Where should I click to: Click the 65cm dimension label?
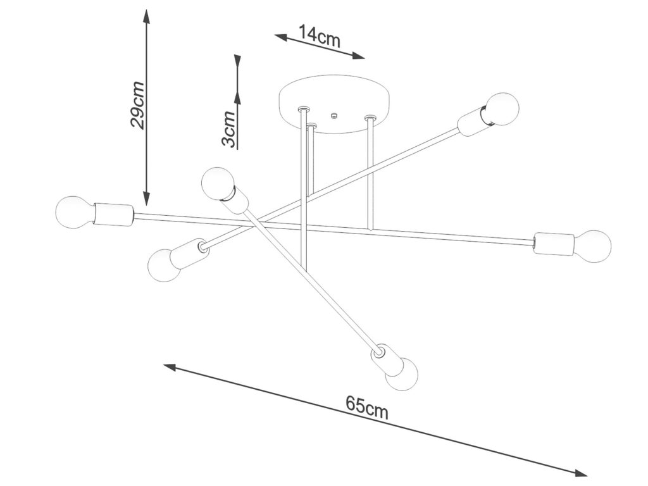pyautogui.click(x=367, y=407)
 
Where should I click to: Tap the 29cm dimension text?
pyautogui.click(x=139, y=105)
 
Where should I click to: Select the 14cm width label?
pyautogui.click(x=320, y=36)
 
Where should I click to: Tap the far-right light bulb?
pyautogui.click(x=593, y=245)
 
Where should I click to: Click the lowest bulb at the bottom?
pyautogui.click(x=402, y=375)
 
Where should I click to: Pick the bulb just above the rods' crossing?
pyautogui.click(x=217, y=182)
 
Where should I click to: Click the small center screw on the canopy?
pyautogui.click(x=334, y=116)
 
